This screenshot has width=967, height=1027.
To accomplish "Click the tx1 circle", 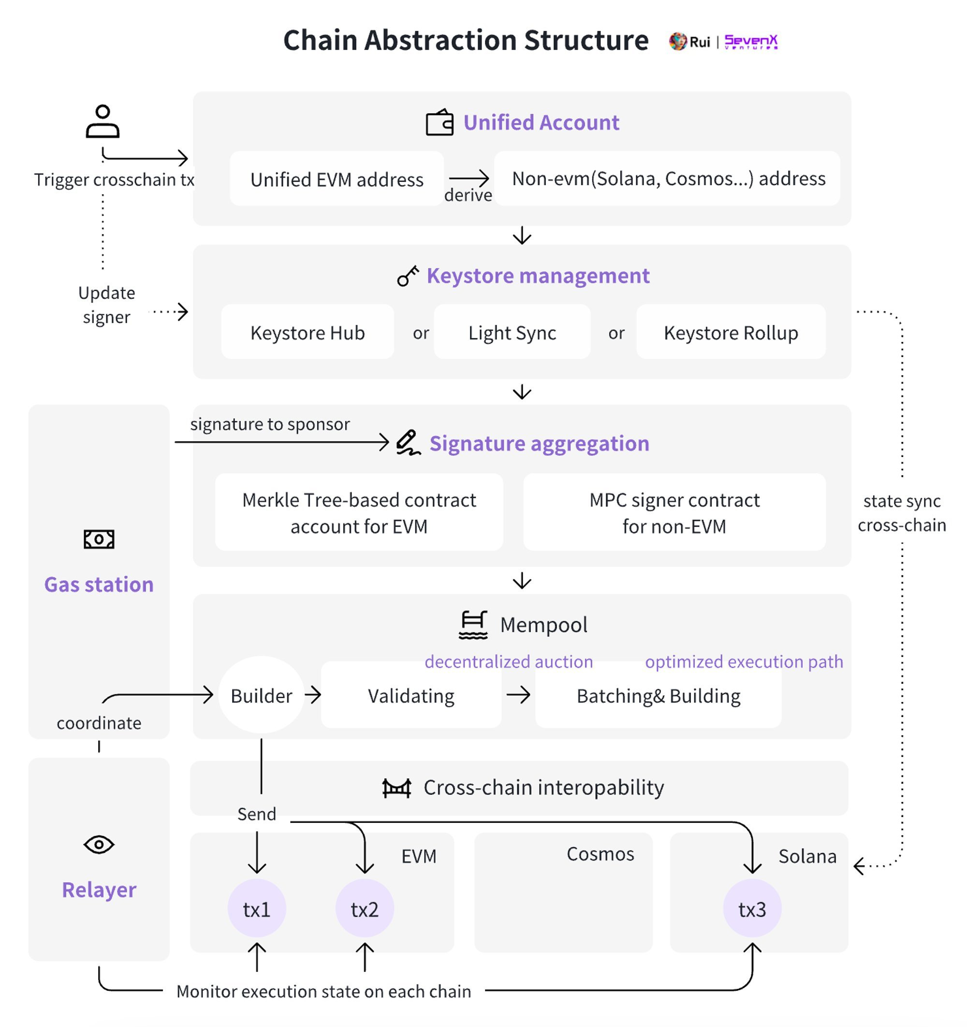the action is [x=257, y=908].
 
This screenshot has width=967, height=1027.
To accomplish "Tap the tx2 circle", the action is [x=365, y=908].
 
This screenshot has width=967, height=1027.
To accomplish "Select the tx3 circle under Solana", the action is [x=752, y=908].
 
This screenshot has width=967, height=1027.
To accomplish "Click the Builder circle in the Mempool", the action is [x=262, y=695].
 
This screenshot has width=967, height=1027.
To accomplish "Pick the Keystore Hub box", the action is [x=308, y=332].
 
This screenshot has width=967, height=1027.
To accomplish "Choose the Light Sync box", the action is [x=512, y=332].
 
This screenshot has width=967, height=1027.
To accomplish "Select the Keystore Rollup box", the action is [x=731, y=332].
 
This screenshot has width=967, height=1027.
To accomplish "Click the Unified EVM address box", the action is [x=337, y=179].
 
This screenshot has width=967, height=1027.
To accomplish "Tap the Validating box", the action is [x=411, y=695].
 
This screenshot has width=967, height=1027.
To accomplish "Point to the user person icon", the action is [x=103, y=121].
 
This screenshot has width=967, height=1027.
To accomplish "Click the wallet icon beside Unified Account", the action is [x=440, y=122].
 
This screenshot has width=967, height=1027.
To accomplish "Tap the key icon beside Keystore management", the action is [x=408, y=276].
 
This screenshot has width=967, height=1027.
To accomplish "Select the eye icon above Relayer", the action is [x=99, y=844].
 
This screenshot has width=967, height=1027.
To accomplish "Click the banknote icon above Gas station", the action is [x=99, y=539].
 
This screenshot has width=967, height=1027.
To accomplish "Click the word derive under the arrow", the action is [x=468, y=195].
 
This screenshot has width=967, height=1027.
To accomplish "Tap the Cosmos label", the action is [x=600, y=854].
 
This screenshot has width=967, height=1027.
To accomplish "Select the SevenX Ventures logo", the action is [x=751, y=41].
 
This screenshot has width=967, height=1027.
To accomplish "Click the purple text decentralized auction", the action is [x=509, y=661].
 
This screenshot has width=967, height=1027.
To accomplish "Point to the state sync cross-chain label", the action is [x=902, y=513].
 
